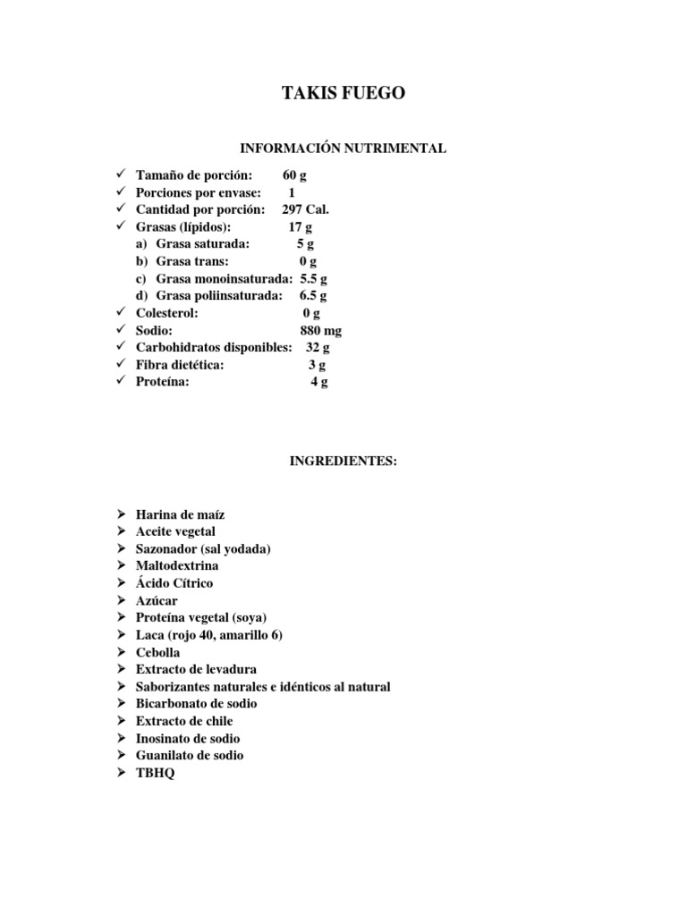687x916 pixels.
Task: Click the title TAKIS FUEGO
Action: [343, 94]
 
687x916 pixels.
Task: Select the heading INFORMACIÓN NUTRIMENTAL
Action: [343, 148]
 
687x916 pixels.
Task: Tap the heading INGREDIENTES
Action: [343, 462]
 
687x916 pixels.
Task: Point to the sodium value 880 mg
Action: [321, 331]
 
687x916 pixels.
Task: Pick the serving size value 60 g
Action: [294, 175]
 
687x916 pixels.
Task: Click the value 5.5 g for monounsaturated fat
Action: [313, 278]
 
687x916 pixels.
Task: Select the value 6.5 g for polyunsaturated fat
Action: [313, 295]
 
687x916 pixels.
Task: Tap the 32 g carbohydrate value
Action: [318, 348]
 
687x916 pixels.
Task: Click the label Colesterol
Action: [167, 314]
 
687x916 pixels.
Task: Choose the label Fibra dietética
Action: [180, 365]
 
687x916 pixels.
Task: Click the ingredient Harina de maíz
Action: [180, 515]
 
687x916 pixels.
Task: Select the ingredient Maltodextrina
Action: [177, 566]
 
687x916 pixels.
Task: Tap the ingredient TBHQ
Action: [156, 774]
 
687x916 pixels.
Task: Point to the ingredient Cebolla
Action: [157, 653]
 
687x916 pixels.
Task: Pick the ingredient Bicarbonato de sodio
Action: [196, 704]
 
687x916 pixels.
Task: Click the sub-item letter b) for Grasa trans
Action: [141, 261]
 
